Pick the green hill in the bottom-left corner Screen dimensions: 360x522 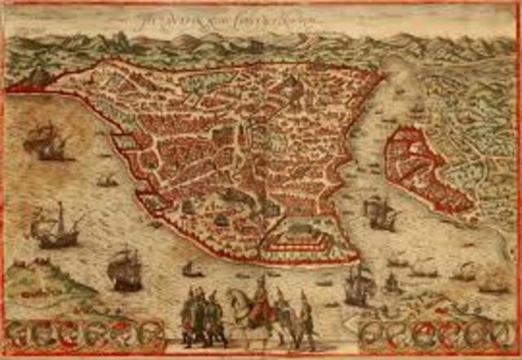33,282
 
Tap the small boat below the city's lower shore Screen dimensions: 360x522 192,269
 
